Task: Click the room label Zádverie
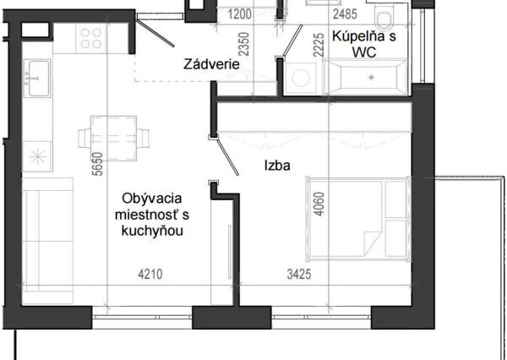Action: tap(212, 64)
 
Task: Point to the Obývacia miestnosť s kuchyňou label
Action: tap(153, 213)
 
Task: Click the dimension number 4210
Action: tap(150, 273)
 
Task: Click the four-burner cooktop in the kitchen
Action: tap(90, 38)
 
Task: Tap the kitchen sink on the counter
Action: tap(37, 79)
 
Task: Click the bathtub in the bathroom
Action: tap(365, 79)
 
